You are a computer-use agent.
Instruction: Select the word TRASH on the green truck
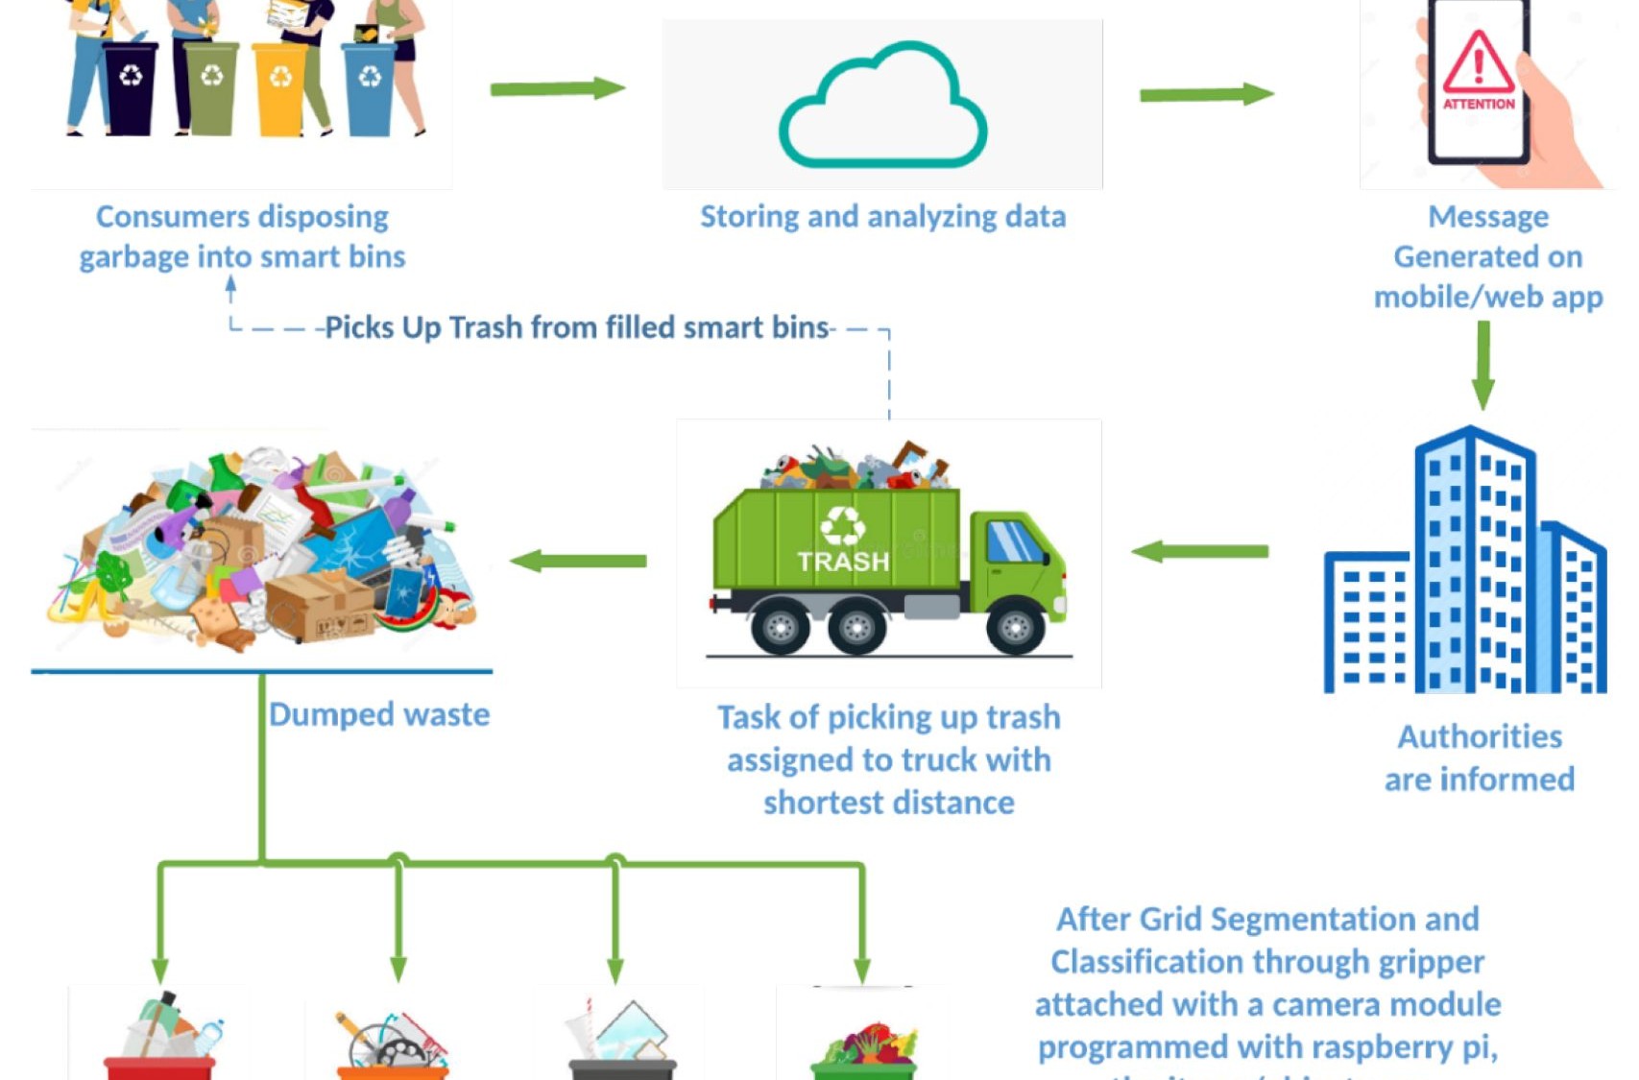(843, 561)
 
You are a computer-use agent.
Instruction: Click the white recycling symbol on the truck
(842, 525)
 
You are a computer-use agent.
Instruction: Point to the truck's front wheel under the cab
(1014, 628)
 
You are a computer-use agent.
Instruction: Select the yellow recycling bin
(280, 88)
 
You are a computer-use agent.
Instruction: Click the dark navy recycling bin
(131, 86)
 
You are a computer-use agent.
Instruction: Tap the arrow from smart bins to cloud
(557, 89)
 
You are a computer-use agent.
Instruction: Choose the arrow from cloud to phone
(1206, 94)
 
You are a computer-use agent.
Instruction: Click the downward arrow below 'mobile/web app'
(1483, 365)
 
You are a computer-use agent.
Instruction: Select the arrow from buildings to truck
(1200, 551)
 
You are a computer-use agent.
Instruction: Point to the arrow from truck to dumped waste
(578, 561)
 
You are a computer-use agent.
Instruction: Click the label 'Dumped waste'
(379, 714)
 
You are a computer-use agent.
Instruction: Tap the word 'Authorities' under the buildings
(1480, 736)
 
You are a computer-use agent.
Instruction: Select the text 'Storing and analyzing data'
(882, 217)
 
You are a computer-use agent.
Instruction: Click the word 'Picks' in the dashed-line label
(359, 327)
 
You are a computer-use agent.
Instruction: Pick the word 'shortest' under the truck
(823, 803)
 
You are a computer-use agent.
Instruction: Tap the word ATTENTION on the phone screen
(1479, 104)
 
